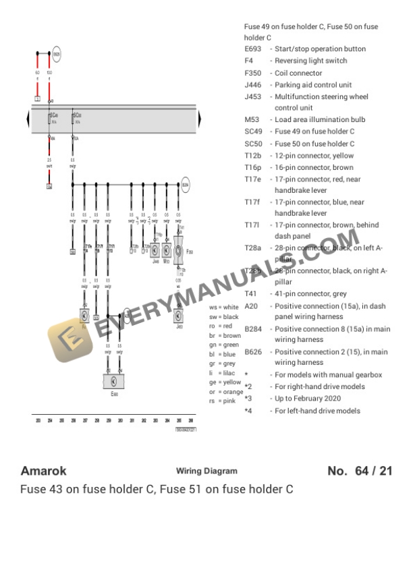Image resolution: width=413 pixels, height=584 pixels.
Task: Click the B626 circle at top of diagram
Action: click(x=57, y=54)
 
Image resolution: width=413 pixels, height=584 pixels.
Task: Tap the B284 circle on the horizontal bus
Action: click(x=186, y=183)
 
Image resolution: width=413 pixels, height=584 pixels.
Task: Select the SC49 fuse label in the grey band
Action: click(x=54, y=116)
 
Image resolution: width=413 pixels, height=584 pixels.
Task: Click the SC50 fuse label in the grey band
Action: click(x=77, y=116)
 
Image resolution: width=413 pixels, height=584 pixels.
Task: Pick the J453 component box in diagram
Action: click(x=179, y=314)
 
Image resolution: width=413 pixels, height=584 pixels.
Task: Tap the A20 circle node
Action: click(x=127, y=314)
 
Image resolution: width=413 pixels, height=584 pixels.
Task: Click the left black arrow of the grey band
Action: click(x=28, y=120)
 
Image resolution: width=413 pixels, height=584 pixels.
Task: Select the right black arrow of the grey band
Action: click(x=199, y=120)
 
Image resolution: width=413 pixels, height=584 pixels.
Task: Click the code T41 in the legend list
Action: click(x=251, y=294)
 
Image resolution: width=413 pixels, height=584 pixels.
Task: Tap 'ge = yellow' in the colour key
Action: click(x=225, y=382)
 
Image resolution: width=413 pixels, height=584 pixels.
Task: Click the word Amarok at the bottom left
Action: click(x=43, y=471)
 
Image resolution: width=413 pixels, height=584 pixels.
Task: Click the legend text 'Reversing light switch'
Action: click(x=310, y=61)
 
